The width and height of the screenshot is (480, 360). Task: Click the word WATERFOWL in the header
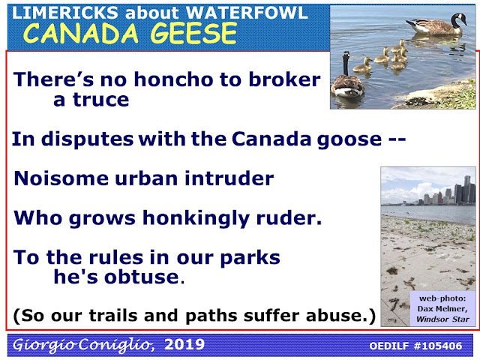click(x=247, y=13)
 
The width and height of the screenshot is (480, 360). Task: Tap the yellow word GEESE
click(x=193, y=33)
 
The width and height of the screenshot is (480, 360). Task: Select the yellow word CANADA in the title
click(x=80, y=33)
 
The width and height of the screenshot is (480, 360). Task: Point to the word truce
click(x=100, y=100)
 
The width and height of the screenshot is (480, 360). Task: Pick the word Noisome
click(x=61, y=178)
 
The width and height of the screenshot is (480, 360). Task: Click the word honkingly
click(x=196, y=219)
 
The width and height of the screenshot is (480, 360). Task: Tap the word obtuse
click(x=142, y=277)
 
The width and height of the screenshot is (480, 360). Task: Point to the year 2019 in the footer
click(x=184, y=345)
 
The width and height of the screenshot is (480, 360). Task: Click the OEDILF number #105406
click(x=438, y=346)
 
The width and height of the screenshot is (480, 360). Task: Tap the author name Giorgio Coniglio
click(x=83, y=345)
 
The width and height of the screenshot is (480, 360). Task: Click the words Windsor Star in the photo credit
click(x=442, y=319)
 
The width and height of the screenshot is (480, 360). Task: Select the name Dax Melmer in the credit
click(x=442, y=308)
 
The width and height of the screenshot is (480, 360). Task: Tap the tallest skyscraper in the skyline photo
click(x=466, y=189)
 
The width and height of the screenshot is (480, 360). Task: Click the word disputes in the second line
click(x=87, y=139)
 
